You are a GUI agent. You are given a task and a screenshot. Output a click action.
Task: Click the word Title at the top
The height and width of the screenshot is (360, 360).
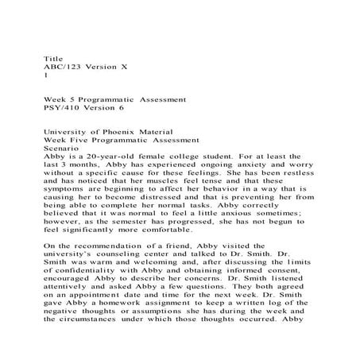pos(53,59)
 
